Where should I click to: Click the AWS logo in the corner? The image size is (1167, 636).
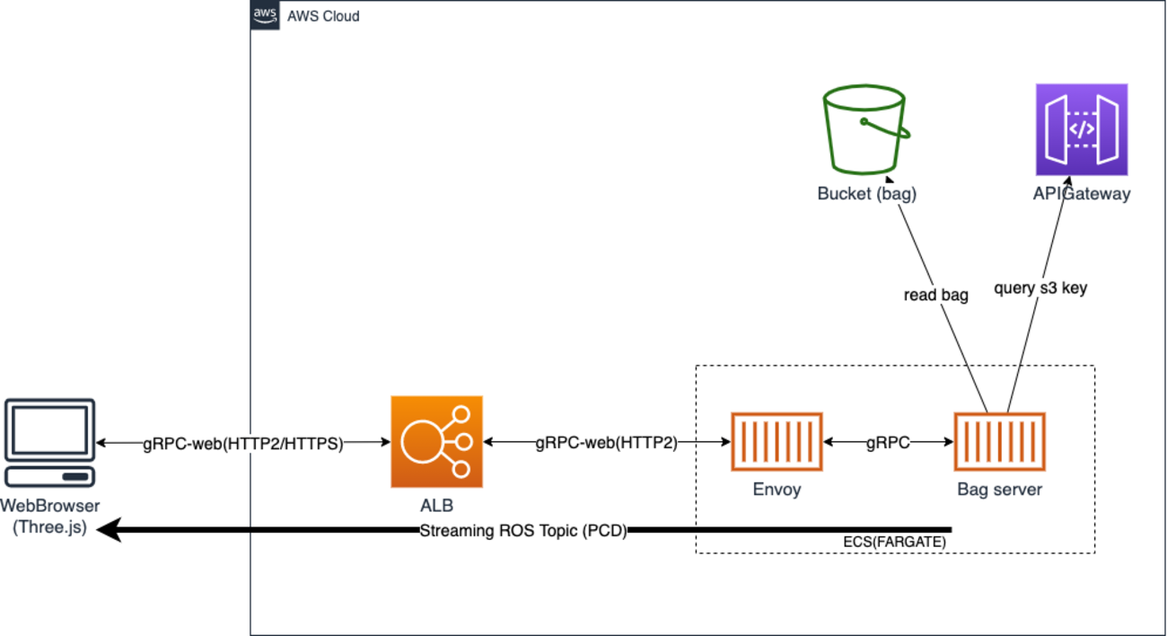point(265,15)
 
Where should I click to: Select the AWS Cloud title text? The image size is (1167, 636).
point(323,16)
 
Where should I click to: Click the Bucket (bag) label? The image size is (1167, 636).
point(866,193)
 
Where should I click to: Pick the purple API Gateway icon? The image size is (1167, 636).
point(1081,130)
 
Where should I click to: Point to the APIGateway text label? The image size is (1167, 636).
point(1081,193)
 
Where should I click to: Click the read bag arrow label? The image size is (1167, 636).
point(935,295)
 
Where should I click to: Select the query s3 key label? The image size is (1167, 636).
point(1040,288)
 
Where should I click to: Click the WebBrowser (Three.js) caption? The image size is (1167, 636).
point(50,517)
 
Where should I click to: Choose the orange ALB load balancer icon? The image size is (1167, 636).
point(436,442)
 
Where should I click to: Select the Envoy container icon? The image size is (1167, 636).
point(777,443)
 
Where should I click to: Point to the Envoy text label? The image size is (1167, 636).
point(777,490)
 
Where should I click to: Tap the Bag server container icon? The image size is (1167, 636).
point(999,443)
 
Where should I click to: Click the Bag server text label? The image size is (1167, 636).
point(999,490)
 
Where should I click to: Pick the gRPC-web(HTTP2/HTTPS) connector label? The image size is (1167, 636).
point(243,443)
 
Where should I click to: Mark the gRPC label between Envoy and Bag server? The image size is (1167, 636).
point(888,443)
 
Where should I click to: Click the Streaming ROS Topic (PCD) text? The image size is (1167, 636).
point(523,530)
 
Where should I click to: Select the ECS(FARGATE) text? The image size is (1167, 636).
point(894,543)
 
